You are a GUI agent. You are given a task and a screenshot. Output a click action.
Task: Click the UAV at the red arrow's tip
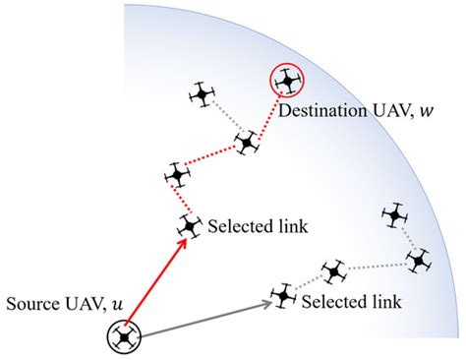tap(189, 225)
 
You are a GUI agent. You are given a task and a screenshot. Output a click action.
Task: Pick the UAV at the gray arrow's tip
tap(284, 294)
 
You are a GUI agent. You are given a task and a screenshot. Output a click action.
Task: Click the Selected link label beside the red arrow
tap(258, 227)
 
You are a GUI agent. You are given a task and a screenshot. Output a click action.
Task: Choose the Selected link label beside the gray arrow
tap(350, 300)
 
